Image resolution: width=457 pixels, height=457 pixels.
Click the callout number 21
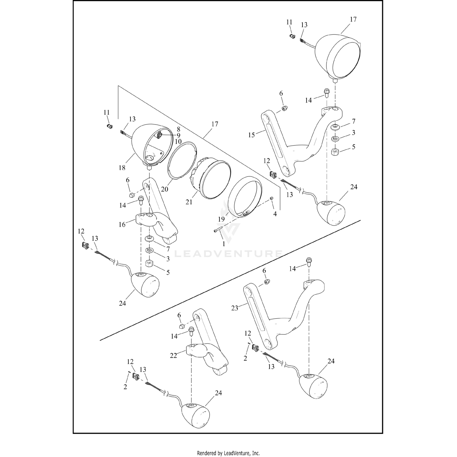click(189, 202)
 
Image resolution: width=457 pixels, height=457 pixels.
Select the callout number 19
click(221, 219)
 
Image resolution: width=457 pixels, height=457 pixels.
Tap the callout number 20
click(165, 189)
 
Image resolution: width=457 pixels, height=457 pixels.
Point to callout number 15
click(251, 135)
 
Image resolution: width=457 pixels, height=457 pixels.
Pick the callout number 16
click(122, 225)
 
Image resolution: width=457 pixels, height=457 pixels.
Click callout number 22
click(174, 355)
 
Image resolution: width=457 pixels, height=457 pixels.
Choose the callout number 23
click(235, 308)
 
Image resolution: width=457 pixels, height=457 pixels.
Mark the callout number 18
click(122, 168)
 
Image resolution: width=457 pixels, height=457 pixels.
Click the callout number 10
click(178, 142)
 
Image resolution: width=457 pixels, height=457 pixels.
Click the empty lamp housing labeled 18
click(143, 146)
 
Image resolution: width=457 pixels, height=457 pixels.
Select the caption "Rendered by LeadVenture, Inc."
click(228, 453)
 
